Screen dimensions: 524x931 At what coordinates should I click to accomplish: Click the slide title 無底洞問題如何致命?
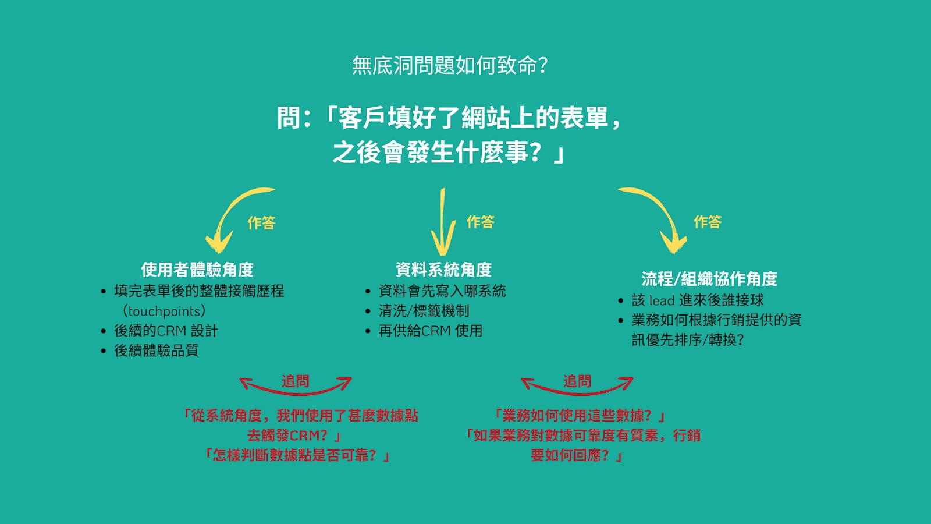[x=450, y=65]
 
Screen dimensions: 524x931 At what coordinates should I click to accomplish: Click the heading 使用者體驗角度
[x=197, y=270]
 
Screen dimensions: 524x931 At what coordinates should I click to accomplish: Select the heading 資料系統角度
[x=443, y=270]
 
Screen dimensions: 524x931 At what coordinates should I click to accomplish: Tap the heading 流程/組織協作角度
[x=709, y=279]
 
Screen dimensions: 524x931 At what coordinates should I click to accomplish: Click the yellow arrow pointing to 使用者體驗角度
[x=230, y=216]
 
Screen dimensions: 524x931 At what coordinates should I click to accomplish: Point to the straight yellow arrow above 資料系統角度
[x=443, y=224]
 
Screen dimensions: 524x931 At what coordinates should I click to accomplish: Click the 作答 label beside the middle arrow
[x=480, y=222]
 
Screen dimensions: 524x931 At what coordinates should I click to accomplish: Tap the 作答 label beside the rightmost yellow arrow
[x=708, y=222]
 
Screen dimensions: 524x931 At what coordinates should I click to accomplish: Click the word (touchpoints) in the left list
[x=164, y=311]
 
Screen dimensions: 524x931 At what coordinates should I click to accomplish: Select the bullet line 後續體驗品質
[x=156, y=350]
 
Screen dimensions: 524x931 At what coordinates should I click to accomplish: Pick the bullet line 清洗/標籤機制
[x=424, y=311]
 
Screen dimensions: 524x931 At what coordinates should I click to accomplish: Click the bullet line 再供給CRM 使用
[x=431, y=331]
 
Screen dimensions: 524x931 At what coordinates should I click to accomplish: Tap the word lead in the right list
[x=662, y=300]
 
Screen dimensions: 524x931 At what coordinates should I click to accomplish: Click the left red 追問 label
[x=296, y=381]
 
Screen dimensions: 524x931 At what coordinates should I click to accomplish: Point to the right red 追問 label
[x=577, y=381]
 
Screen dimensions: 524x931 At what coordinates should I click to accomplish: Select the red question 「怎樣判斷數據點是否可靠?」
[x=297, y=455]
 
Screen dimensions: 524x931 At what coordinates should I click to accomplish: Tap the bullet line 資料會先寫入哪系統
[x=442, y=291]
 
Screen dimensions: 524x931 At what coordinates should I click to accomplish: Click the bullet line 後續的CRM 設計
[x=166, y=331]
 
